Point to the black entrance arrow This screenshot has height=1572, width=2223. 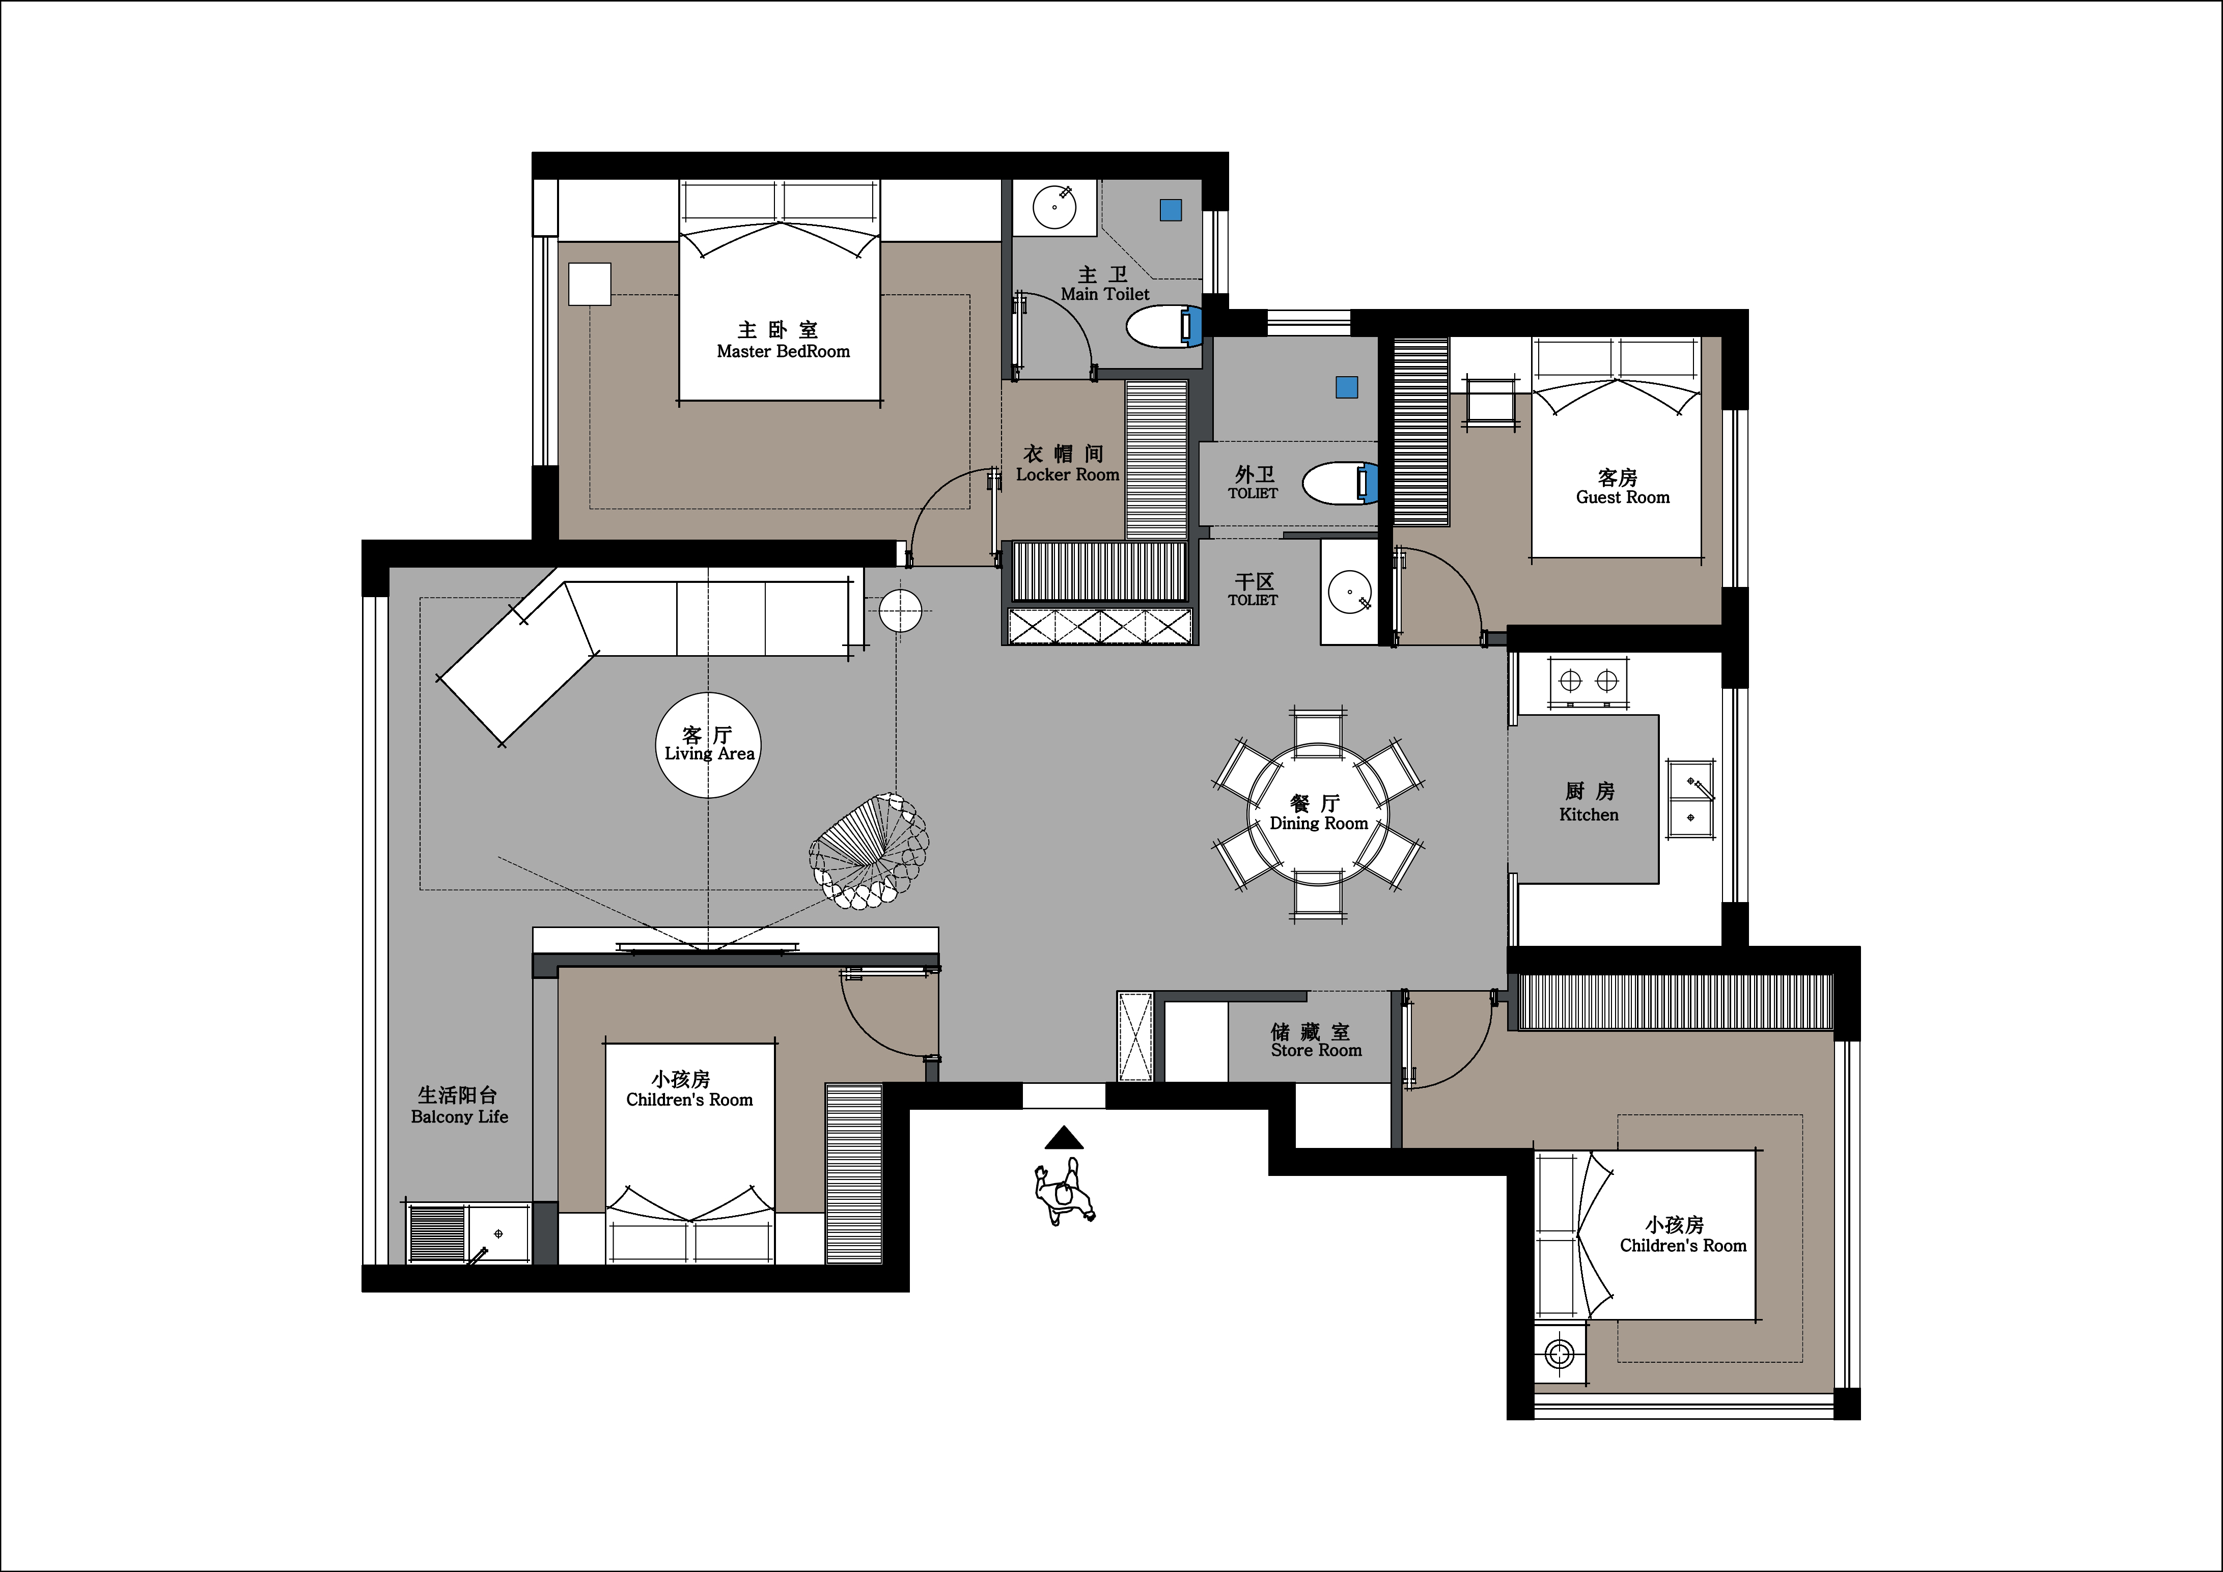(x=1064, y=1137)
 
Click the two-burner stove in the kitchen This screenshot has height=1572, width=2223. (x=1589, y=682)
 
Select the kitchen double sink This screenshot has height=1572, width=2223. (x=1690, y=799)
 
